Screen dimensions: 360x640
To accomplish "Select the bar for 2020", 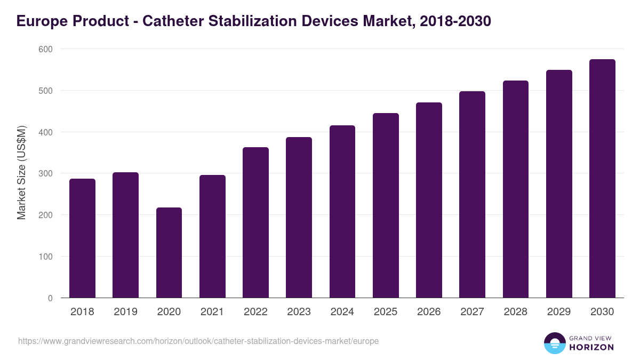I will tap(169, 253).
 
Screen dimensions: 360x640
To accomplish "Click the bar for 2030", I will tap(602, 179).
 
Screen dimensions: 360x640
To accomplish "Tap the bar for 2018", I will tap(82, 238).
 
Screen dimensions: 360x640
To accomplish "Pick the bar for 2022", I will tap(255, 222).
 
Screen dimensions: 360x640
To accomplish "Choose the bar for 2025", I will tap(386, 205).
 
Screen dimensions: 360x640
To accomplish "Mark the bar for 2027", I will tap(473, 195).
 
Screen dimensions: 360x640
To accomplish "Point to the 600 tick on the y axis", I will tap(46, 49).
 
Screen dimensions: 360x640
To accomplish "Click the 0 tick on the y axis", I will tap(50, 298).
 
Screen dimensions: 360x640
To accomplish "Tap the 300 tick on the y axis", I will tap(46, 174).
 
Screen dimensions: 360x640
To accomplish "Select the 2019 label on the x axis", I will tap(125, 312).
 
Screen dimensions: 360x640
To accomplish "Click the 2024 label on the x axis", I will tap(342, 312).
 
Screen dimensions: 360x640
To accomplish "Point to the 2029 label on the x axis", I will tap(559, 312).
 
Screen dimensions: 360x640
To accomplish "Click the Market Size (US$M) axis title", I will tap(21, 173).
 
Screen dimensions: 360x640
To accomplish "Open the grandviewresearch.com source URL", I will tap(198, 341).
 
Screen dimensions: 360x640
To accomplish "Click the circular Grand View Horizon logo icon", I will tap(554, 343).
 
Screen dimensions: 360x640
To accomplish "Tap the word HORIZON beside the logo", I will tap(591, 347).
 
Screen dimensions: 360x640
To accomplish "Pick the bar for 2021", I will tap(212, 236).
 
